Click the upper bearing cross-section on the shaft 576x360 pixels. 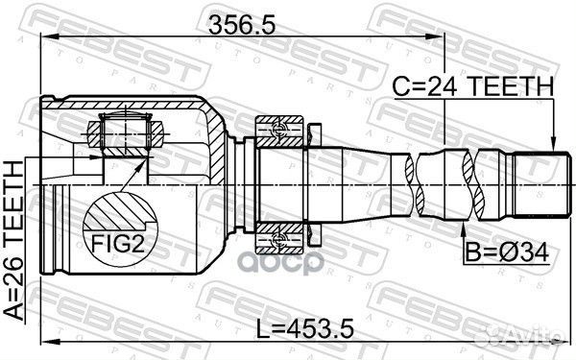[281, 128]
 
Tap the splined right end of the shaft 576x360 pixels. [537, 183]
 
